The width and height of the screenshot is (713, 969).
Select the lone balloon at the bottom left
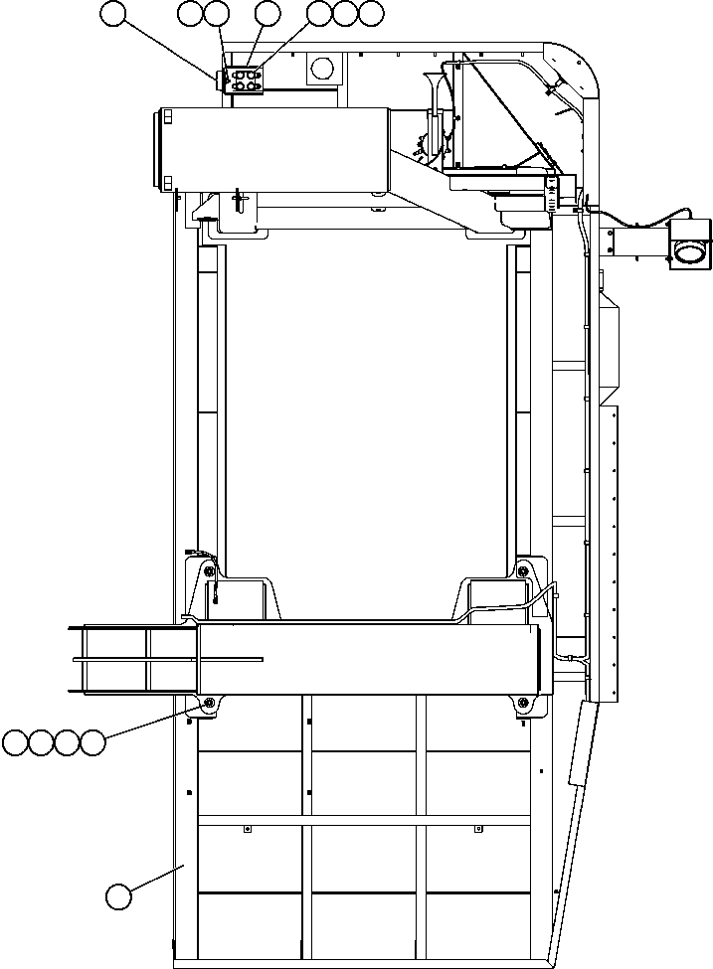coord(118,896)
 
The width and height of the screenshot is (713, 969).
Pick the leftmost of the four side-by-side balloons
coord(15,742)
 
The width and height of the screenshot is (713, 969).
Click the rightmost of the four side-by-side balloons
coord(92,742)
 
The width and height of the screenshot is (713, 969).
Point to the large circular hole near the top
coord(323,68)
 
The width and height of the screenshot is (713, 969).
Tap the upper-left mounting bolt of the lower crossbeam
coord(208,570)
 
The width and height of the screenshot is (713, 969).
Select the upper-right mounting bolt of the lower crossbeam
coord(524,570)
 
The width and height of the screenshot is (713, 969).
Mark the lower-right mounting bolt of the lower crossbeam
coord(524,704)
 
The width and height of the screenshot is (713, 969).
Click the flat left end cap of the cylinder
coord(159,149)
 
